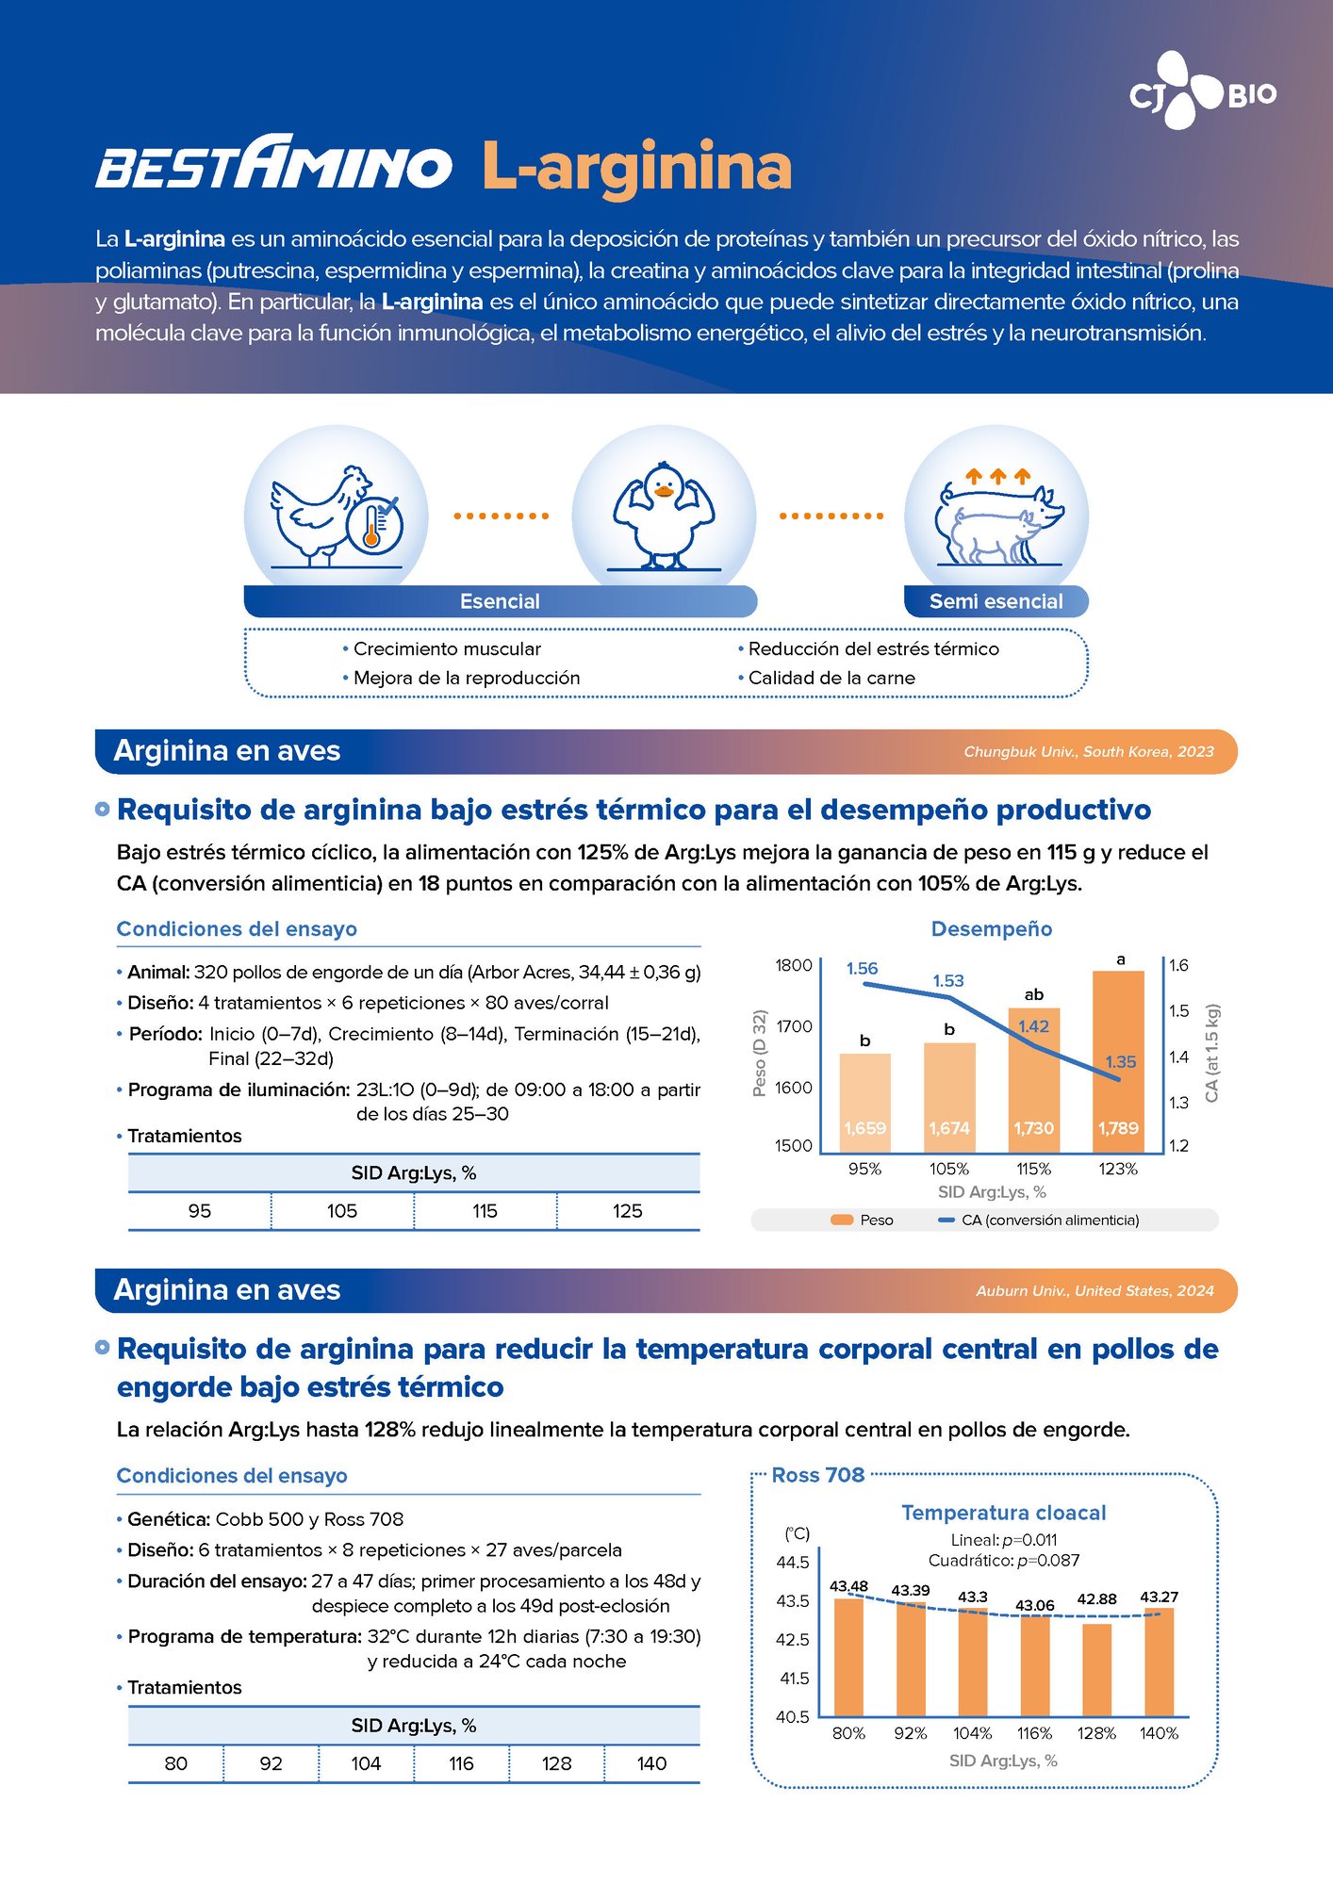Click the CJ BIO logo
click(x=1203, y=92)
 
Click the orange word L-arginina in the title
click(x=636, y=167)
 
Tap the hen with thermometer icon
click(x=336, y=516)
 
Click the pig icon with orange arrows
click(x=997, y=516)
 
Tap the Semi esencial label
click(x=996, y=601)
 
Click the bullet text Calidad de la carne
click(x=831, y=678)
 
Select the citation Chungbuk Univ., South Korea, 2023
click(x=1088, y=752)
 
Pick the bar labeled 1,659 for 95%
click(x=864, y=1103)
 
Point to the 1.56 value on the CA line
click(x=862, y=968)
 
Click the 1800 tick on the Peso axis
click(x=793, y=965)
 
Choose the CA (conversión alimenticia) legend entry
click(x=1049, y=1220)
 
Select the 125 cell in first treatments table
click(x=627, y=1211)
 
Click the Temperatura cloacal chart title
click(x=1003, y=1513)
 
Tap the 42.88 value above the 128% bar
click(x=1096, y=1599)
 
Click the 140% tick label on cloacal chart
click(x=1159, y=1733)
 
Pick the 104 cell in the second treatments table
click(x=366, y=1763)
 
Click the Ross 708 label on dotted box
click(x=817, y=1475)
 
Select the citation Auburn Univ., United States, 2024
click(x=1094, y=1291)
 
